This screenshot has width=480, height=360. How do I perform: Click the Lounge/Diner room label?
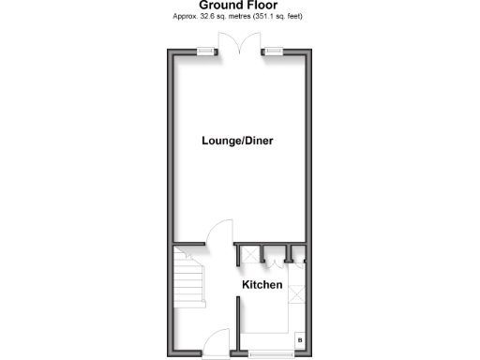(x=243, y=141)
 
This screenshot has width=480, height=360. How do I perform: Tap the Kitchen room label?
(x=262, y=284)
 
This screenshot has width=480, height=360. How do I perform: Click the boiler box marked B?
(x=300, y=340)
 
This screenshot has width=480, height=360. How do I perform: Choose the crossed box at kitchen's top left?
(x=249, y=254)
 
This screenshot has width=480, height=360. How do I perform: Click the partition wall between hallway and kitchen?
(x=237, y=323)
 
